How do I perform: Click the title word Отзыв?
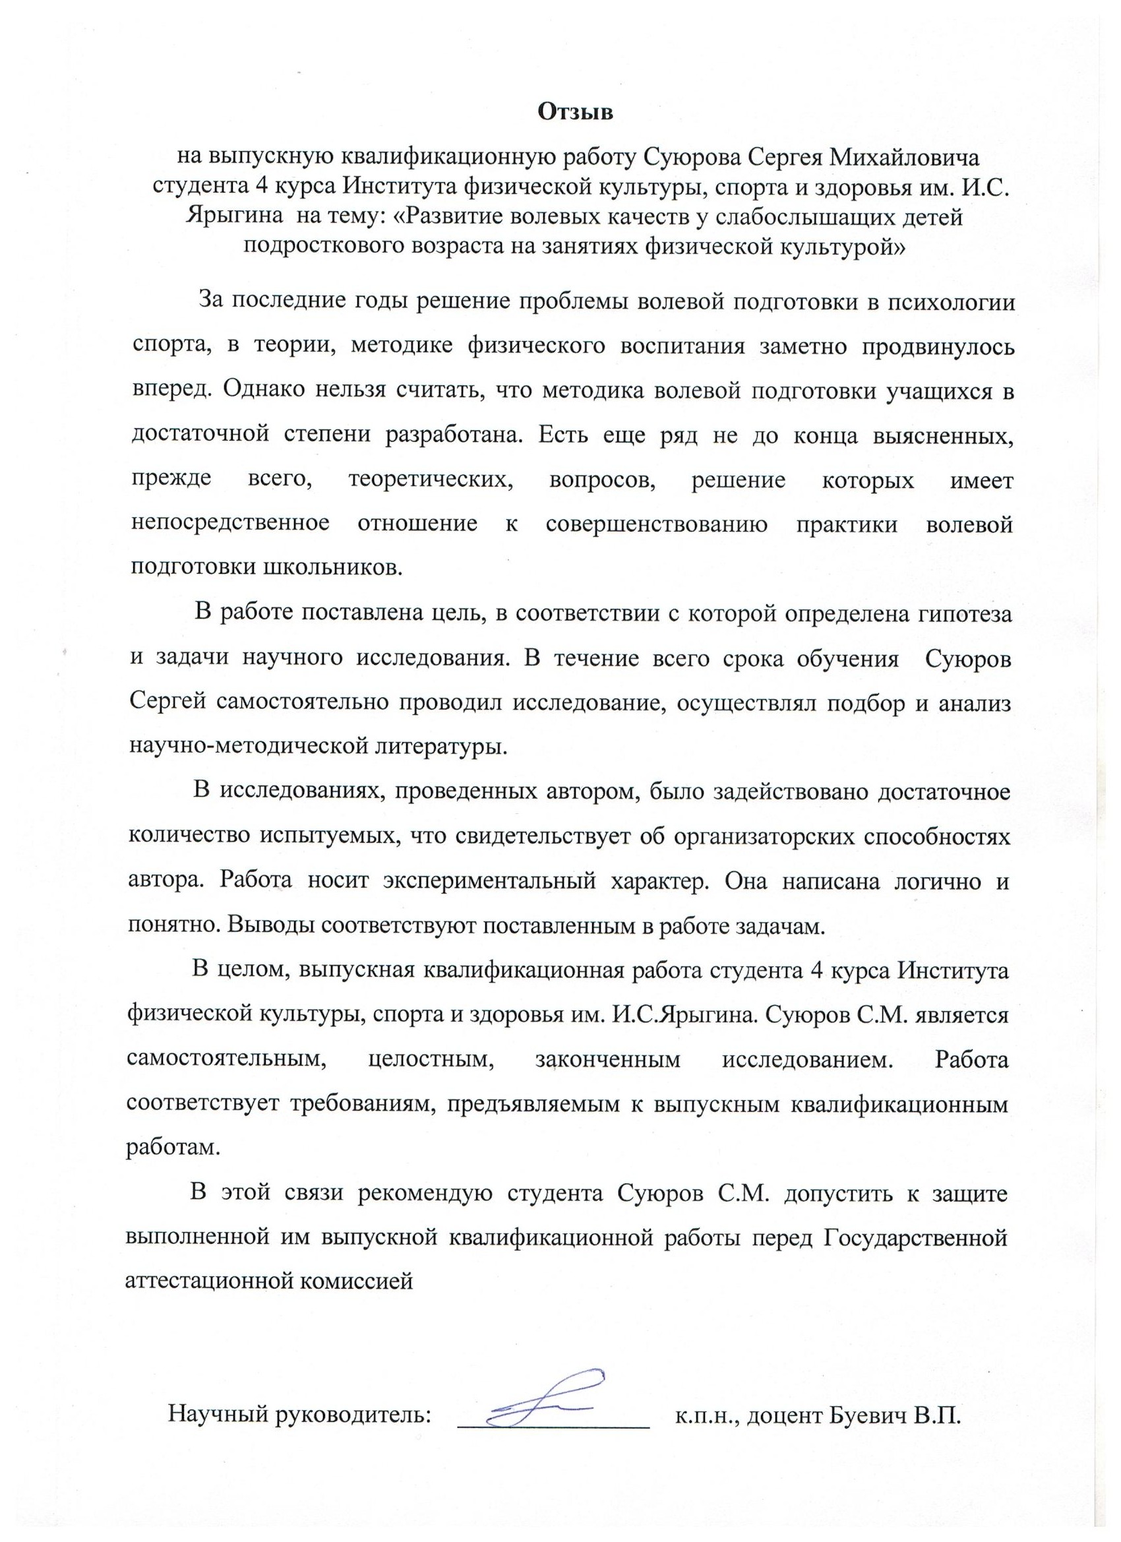point(575,112)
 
